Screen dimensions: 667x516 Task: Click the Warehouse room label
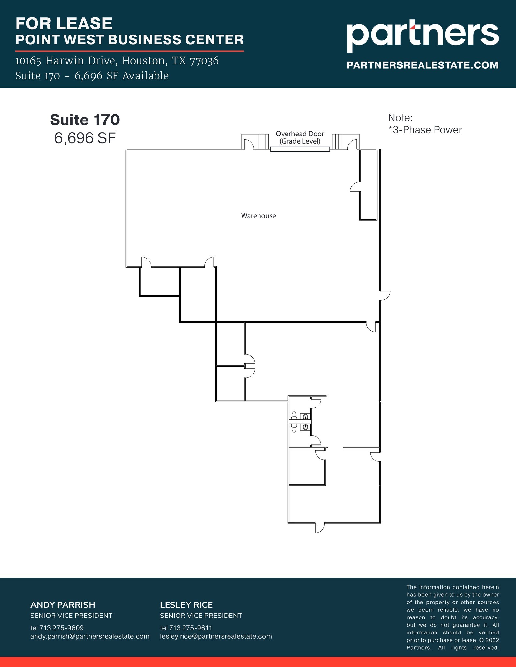point(258,216)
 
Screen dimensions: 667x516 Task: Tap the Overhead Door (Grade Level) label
point(300,137)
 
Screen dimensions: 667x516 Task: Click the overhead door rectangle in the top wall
point(300,149)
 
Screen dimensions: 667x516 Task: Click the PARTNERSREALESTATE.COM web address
point(422,65)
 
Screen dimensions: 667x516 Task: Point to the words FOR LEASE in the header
point(64,23)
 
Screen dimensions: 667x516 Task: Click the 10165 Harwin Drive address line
point(117,61)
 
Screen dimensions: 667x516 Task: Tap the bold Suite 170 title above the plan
point(85,120)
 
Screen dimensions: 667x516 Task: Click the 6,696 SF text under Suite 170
point(85,138)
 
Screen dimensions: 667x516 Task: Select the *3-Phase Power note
point(425,130)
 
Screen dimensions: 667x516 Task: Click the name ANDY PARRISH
point(63,605)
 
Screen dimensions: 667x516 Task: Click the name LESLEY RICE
point(186,605)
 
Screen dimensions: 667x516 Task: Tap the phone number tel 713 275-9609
point(57,628)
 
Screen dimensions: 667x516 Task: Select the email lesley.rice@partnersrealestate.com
point(216,636)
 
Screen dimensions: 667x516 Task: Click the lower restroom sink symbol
point(305,427)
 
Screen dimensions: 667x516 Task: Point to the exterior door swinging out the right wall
point(385,295)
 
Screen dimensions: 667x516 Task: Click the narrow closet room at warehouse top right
point(368,186)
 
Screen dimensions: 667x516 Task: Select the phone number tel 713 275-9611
point(186,628)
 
